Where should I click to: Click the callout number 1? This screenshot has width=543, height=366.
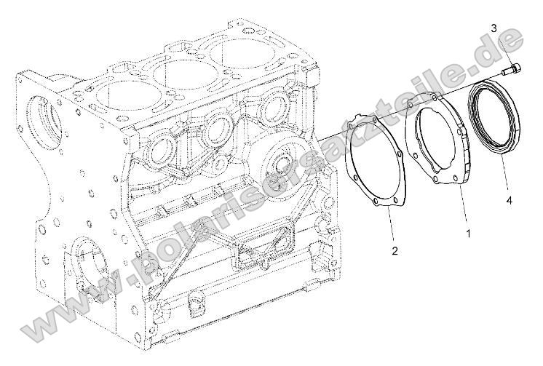(468, 234)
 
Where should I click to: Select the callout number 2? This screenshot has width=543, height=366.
(395, 251)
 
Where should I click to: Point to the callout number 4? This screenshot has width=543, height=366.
(510, 199)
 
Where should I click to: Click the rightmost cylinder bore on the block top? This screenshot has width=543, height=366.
(242, 54)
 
